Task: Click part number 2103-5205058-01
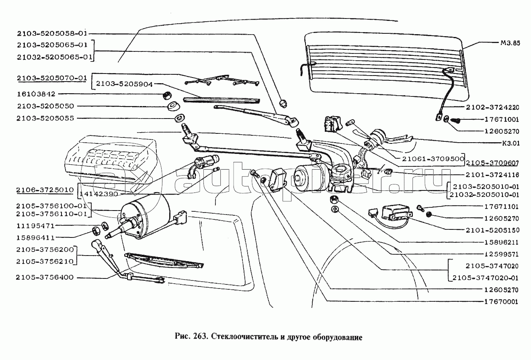52,33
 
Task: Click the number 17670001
501,302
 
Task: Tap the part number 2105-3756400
45,277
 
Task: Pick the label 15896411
36,237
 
